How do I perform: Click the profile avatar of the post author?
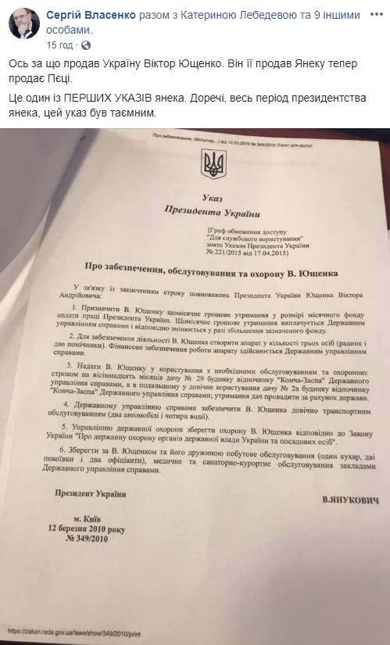tap(23, 23)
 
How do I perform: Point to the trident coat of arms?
tap(212, 163)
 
